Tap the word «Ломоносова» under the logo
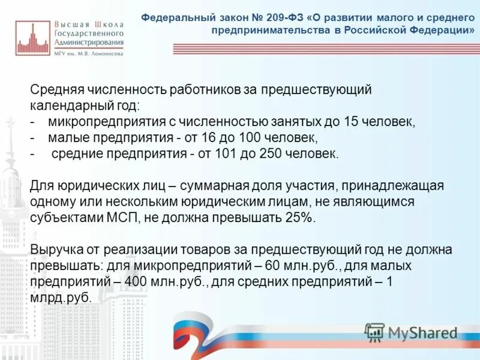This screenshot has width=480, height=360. (x=107, y=53)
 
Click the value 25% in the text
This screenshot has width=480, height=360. (x=300, y=218)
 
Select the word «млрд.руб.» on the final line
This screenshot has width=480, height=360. (x=61, y=297)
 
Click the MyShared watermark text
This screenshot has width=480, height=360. (x=422, y=332)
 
